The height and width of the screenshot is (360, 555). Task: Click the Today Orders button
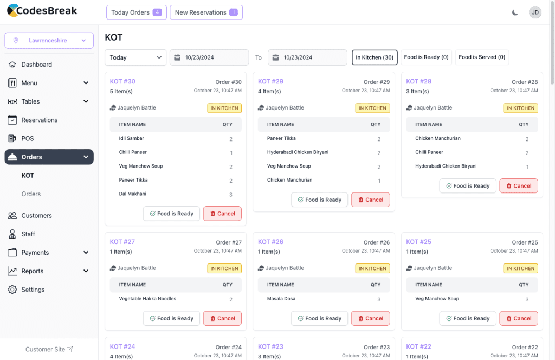click(x=136, y=12)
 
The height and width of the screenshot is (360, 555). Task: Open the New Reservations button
click(x=206, y=12)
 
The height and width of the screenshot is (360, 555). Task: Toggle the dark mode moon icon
click(x=515, y=12)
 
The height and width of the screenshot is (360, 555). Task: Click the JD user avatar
click(x=535, y=12)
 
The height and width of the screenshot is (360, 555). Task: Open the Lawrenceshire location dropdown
click(x=49, y=41)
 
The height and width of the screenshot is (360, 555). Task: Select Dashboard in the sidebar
click(x=37, y=65)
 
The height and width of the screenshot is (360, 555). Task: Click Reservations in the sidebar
click(x=40, y=120)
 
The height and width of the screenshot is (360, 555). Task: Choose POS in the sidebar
click(x=28, y=138)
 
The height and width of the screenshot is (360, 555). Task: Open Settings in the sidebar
click(x=33, y=290)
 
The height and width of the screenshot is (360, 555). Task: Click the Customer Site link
click(x=49, y=350)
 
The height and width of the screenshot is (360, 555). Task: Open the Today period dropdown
click(x=135, y=57)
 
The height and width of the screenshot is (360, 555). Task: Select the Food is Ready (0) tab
click(x=426, y=57)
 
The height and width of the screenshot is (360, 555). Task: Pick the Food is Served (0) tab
click(x=482, y=57)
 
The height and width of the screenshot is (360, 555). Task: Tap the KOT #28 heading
click(x=418, y=82)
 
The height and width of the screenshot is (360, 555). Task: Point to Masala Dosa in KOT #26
click(x=282, y=299)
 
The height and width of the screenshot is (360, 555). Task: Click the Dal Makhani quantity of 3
click(x=231, y=195)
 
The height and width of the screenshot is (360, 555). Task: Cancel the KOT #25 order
click(x=518, y=318)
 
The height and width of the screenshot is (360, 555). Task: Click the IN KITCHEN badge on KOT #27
click(x=224, y=268)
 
